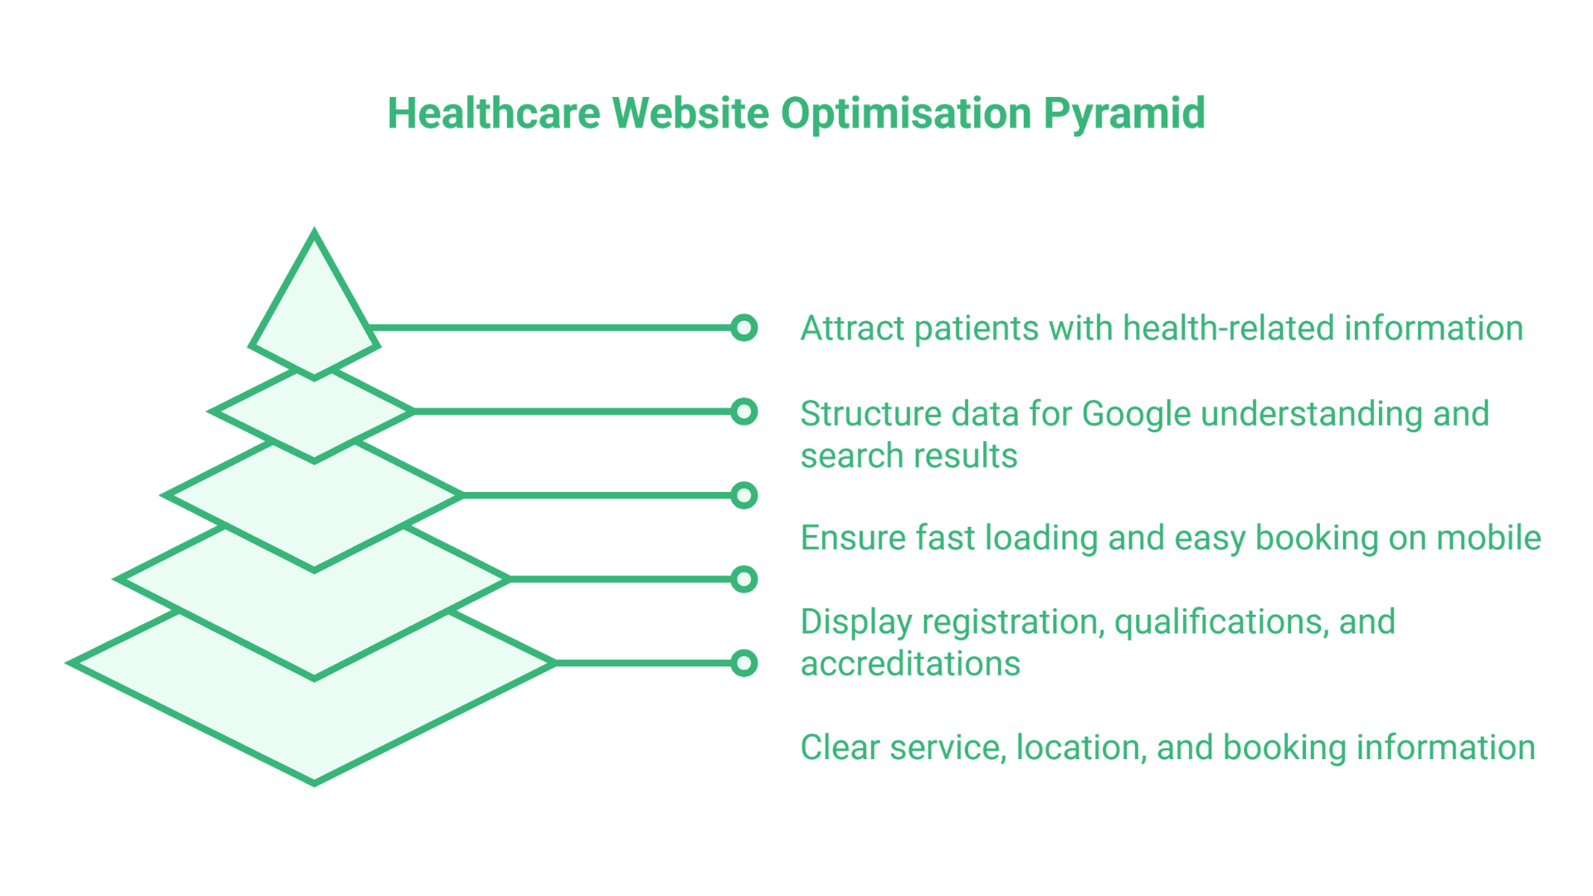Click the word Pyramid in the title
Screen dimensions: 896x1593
[x=1123, y=114]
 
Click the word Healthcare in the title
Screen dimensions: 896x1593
[x=494, y=114]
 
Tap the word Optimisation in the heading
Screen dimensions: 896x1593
[x=905, y=114]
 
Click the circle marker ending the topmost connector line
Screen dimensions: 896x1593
[x=744, y=328]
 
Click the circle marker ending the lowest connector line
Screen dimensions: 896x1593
[x=744, y=663]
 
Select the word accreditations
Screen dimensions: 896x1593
[x=910, y=664]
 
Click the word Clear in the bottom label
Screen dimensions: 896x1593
[x=840, y=747]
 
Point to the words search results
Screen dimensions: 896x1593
[x=909, y=455]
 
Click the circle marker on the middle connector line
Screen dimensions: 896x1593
[x=744, y=495]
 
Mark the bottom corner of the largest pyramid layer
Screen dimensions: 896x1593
[x=314, y=782]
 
